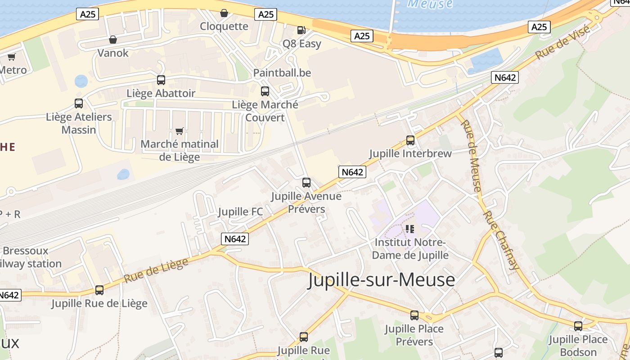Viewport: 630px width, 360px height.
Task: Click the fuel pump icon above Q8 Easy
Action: [301, 30]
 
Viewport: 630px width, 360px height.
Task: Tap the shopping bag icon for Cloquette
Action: [224, 13]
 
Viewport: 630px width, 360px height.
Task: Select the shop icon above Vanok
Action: [113, 40]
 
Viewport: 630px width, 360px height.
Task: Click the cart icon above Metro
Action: [11, 57]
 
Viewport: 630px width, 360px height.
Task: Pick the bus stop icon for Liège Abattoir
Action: [161, 80]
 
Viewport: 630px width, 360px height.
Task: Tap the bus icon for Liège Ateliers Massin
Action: [79, 103]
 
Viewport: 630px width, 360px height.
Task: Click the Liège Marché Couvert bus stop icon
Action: [265, 91]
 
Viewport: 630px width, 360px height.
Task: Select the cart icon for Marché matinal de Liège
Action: [179, 131]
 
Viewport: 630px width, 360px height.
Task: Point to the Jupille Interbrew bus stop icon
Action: [410, 140]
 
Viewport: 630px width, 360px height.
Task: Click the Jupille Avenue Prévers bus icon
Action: [306, 182]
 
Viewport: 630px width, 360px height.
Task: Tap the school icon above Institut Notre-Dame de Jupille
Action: [409, 229]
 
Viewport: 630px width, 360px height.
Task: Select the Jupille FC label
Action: [240, 211]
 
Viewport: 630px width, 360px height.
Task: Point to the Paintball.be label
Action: [282, 72]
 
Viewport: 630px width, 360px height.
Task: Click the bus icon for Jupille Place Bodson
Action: [578, 326]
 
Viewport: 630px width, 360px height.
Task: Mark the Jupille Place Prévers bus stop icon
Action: [414, 315]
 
